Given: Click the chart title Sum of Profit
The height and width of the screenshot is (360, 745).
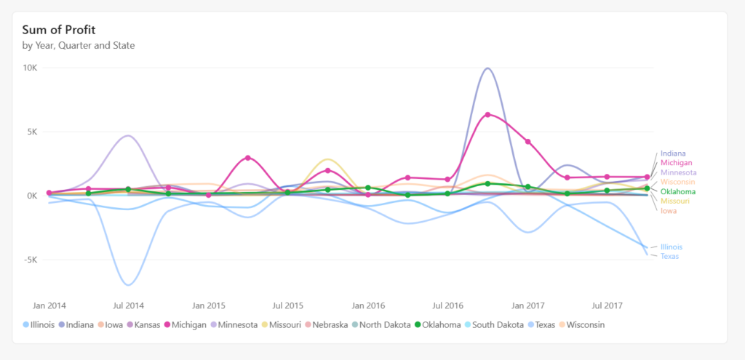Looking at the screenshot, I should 59,30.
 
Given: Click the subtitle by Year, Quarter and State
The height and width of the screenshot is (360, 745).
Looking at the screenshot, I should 79,45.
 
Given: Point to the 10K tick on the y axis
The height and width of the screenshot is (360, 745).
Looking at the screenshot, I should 31,68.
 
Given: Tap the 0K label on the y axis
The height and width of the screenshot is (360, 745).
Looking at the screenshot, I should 33,196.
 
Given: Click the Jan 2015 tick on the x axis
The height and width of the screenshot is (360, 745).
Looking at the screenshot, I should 208,305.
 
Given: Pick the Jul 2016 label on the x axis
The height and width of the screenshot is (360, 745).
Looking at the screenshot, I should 448,305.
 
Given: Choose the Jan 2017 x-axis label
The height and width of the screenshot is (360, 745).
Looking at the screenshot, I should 528,305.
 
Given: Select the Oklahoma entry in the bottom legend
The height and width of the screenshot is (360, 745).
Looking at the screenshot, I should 439,324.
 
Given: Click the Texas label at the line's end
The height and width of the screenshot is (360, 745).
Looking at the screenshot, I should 669,256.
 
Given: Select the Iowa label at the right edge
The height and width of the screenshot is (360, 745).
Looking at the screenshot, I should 668,211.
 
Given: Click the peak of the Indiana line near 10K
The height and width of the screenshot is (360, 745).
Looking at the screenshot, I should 487,68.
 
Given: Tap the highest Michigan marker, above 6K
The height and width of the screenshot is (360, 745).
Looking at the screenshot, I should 487,115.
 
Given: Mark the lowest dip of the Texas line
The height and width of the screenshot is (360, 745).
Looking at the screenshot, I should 128,284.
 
